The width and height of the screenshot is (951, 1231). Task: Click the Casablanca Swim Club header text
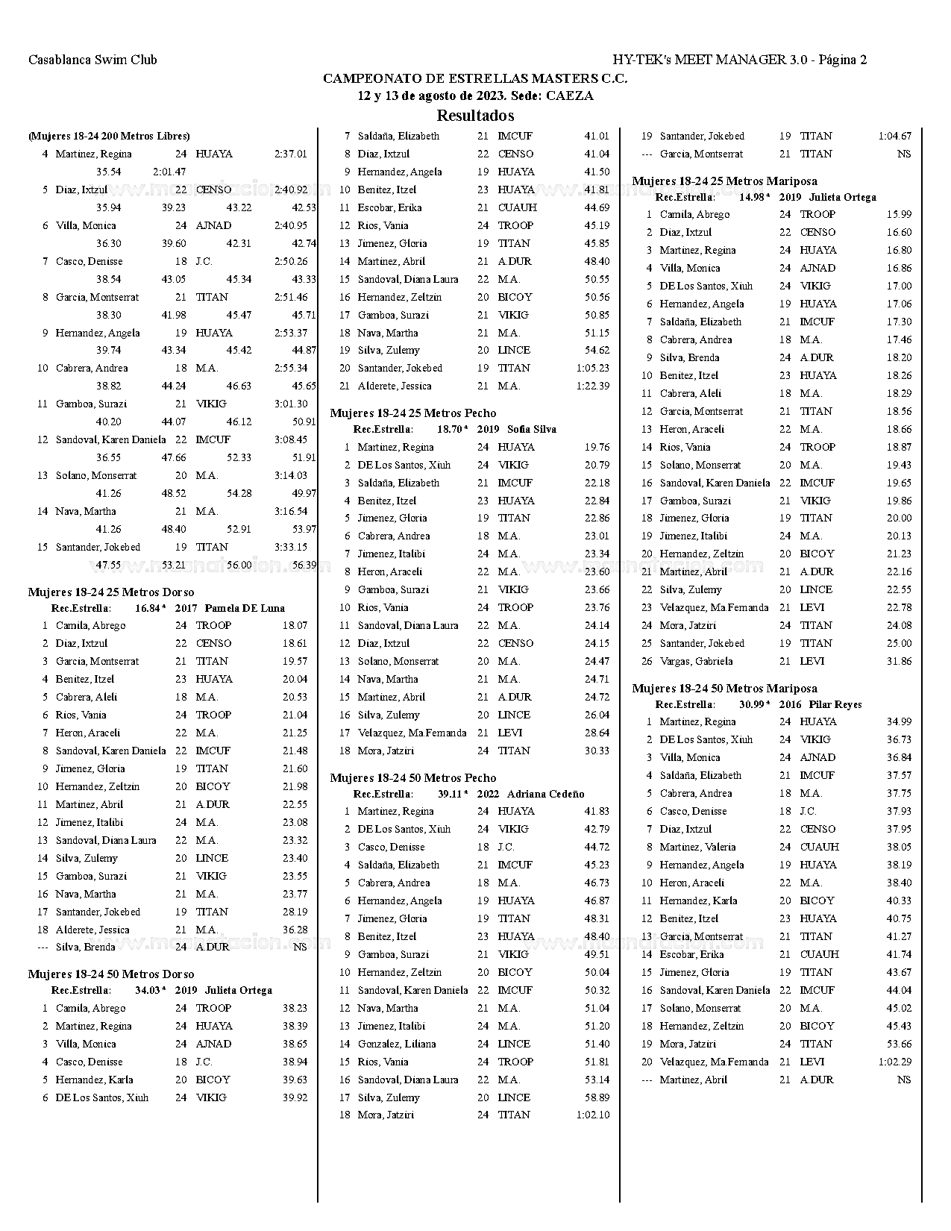[x=92, y=60]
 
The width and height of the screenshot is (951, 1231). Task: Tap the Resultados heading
[x=475, y=116]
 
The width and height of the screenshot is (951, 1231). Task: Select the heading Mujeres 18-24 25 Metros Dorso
[x=111, y=592]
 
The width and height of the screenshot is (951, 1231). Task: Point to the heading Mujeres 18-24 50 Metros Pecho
[x=413, y=778]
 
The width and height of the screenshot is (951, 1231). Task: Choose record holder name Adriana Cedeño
[x=548, y=794]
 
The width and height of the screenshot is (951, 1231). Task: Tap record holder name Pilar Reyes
[x=835, y=704]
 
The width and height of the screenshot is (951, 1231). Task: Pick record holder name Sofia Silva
[x=531, y=429]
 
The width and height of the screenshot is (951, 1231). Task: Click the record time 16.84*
[x=150, y=608]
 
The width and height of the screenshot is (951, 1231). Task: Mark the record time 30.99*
[x=754, y=704]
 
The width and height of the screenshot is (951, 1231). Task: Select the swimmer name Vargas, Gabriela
[x=696, y=661]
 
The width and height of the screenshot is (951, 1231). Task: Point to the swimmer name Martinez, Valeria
[x=697, y=847]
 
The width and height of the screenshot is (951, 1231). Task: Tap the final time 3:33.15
[x=291, y=547]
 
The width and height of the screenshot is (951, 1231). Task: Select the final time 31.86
[x=899, y=661]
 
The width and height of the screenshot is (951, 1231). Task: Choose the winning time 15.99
[x=899, y=214]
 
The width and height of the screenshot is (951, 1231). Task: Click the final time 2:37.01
[x=291, y=154]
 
